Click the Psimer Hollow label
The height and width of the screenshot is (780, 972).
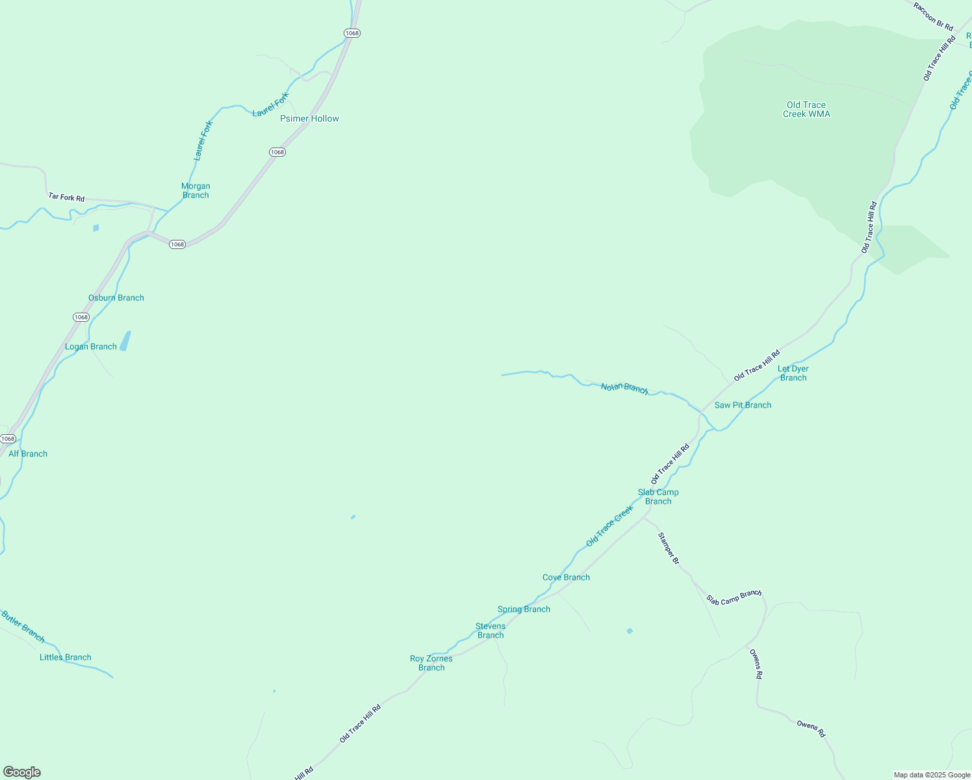(309, 118)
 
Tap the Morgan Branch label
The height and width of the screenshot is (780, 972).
(196, 190)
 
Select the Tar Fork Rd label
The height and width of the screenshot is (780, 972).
(66, 197)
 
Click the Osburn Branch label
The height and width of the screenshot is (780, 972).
(116, 298)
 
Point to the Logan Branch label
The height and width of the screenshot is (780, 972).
(91, 346)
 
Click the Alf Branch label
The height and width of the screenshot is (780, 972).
(28, 454)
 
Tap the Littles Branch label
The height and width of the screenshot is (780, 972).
(66, 657)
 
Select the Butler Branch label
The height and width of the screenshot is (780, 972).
(23, 626)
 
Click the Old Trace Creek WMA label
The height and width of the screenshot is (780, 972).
(806, 109)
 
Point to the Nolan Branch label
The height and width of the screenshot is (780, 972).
(624, 388)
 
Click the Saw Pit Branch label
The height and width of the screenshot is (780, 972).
(743, 405)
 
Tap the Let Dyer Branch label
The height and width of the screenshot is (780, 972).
(793, 373)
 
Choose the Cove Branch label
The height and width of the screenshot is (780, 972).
(566, 577)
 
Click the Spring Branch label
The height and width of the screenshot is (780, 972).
(524, 609)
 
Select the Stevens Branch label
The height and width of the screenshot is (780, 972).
(491, 630)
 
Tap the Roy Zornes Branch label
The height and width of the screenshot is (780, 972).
(431, 663)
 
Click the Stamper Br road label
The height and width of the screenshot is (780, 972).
(669, 548)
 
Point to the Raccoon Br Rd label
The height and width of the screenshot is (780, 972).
(933, 16)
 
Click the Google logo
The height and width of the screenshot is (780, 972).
(21, 772)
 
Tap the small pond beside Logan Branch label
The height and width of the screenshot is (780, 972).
(125, 341)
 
